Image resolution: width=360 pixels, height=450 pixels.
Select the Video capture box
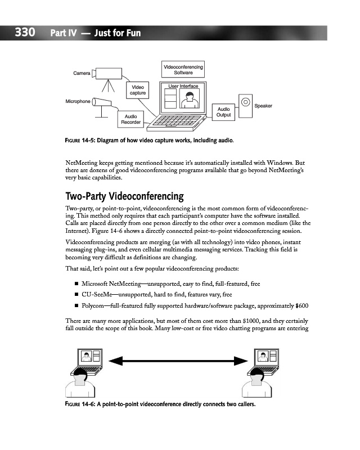(x=138, y=90)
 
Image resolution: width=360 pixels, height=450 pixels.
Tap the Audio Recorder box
(x=130, y=119)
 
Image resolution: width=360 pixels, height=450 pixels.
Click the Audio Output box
(x=223, y=111)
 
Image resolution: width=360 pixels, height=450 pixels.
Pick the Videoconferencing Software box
(x=183, y=70)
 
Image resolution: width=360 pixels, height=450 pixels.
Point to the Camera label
(x=82, y=73)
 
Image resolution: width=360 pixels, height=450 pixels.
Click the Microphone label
(x=77, y=101)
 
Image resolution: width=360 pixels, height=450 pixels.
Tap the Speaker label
(x=263, y=106)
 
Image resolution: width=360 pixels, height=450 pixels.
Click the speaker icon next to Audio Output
(x=246, y=106)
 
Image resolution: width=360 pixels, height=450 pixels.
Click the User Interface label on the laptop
(x=183, y=86)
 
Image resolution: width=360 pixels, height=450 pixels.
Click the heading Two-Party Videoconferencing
(x=125, y=196)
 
